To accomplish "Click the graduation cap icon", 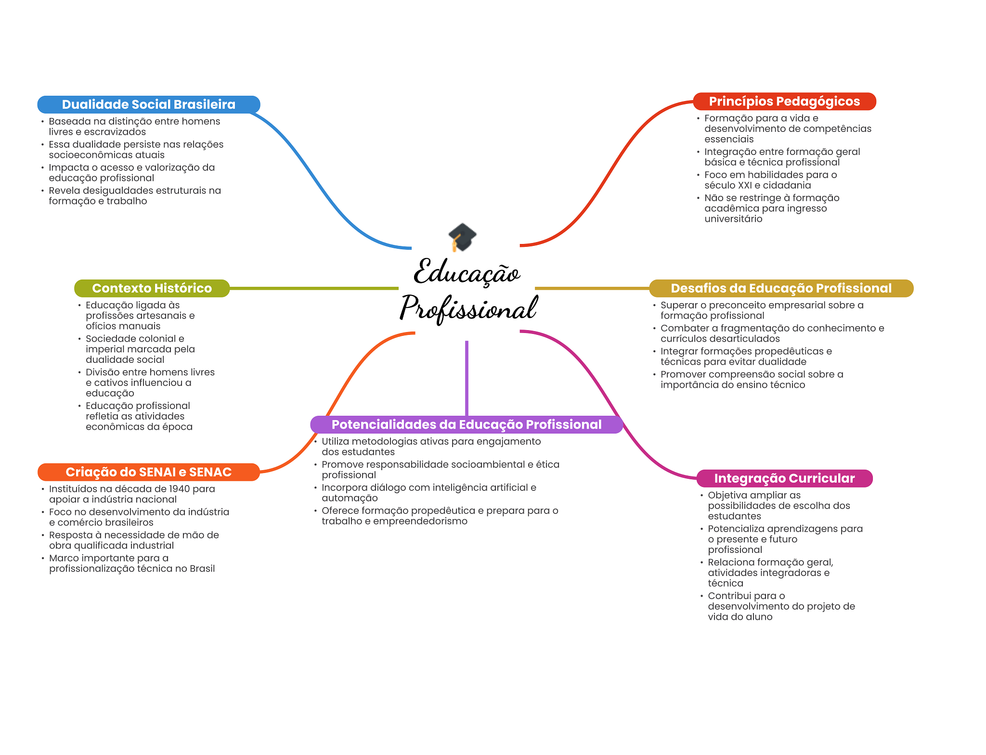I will coord(462,237).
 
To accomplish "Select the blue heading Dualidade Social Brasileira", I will coord(148,104).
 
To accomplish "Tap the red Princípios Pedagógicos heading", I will coord(784,102).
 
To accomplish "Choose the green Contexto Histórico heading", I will coord(152,288).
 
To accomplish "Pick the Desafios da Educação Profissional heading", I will coord(781,288).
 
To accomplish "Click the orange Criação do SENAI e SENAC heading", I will coord(148,472).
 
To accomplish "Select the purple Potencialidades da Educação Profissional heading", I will coord(466,424).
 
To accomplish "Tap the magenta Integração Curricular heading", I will coord(784,478).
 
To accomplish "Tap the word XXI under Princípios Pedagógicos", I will coord(744,186).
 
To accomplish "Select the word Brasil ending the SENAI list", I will coord(202,569).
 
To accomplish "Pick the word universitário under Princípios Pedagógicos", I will coord(733,219).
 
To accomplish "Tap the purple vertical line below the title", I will coord(467,378).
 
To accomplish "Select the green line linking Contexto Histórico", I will coord(313,288).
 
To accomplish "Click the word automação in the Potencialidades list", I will coord(350,499).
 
